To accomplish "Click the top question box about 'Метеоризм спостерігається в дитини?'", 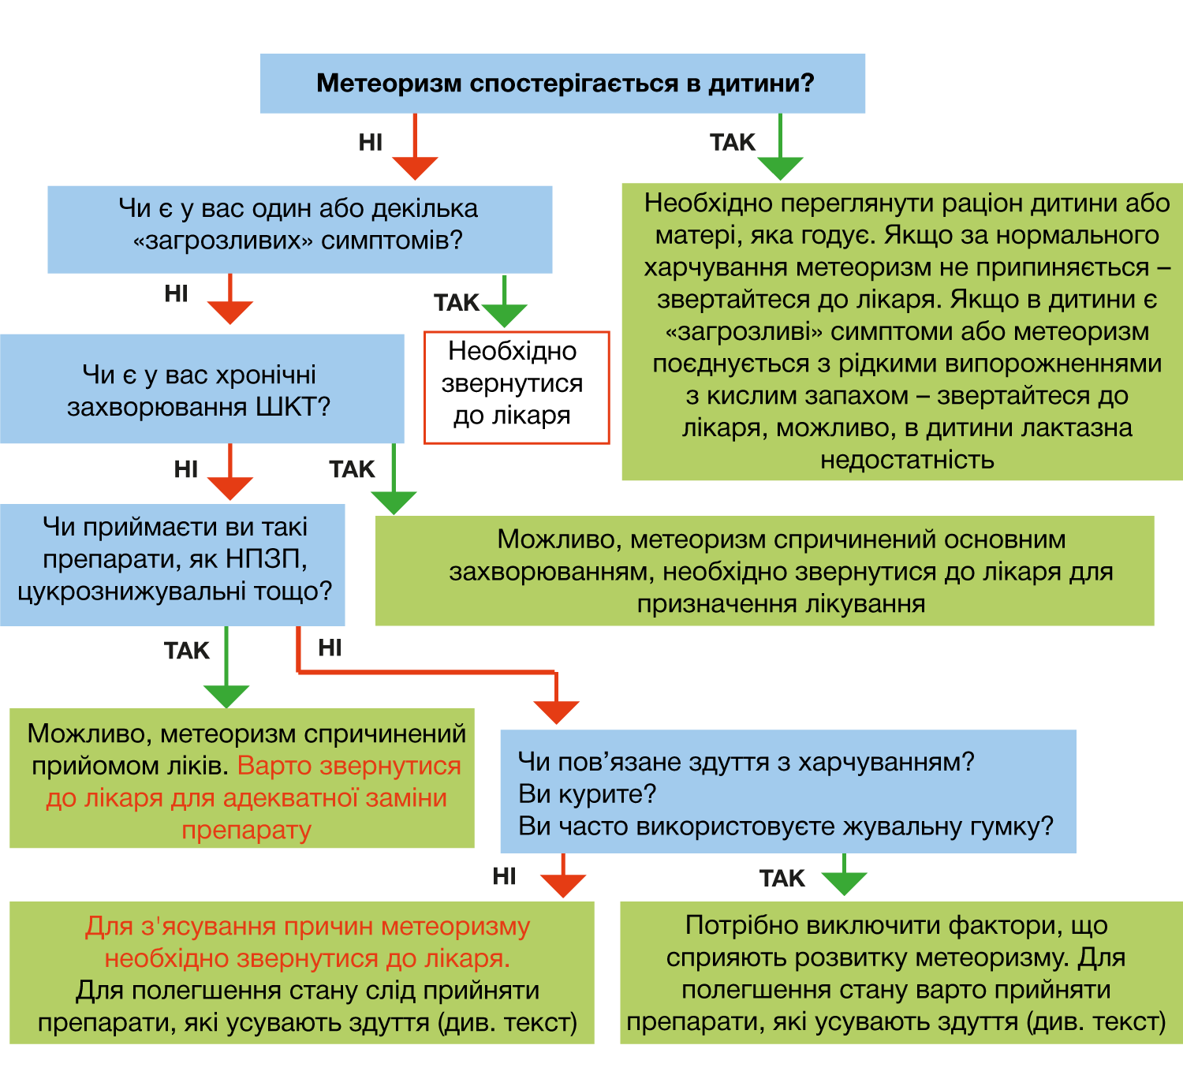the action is tap(562, 83).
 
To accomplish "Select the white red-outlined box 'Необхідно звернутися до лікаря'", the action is tap(517, 387).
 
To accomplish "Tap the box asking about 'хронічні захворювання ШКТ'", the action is tap(202, 389).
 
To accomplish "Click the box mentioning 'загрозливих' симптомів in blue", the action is tap(300, 230).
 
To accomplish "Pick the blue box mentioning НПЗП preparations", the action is tap(172, 565).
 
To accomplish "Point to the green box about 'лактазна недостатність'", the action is tap(902, 331).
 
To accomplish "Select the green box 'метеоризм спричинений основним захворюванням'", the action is tap(764, 570).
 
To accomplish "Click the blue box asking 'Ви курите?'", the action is tap(788, 791).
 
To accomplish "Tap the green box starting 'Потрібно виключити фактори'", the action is tap(901, 973).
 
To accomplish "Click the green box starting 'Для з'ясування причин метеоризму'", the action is tap(302, 973).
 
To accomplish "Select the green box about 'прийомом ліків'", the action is tap(242, 778).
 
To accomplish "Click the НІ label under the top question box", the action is tap(371, 142).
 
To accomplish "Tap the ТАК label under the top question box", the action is tap(732, 142).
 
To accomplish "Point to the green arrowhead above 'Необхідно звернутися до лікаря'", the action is tap(504, 315).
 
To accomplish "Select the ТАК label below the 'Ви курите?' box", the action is tap(782, 879).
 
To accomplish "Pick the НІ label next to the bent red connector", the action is tap(330, 648).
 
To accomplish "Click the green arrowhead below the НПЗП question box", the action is tap(226, 696).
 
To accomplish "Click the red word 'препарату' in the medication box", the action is tap(247, 830).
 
